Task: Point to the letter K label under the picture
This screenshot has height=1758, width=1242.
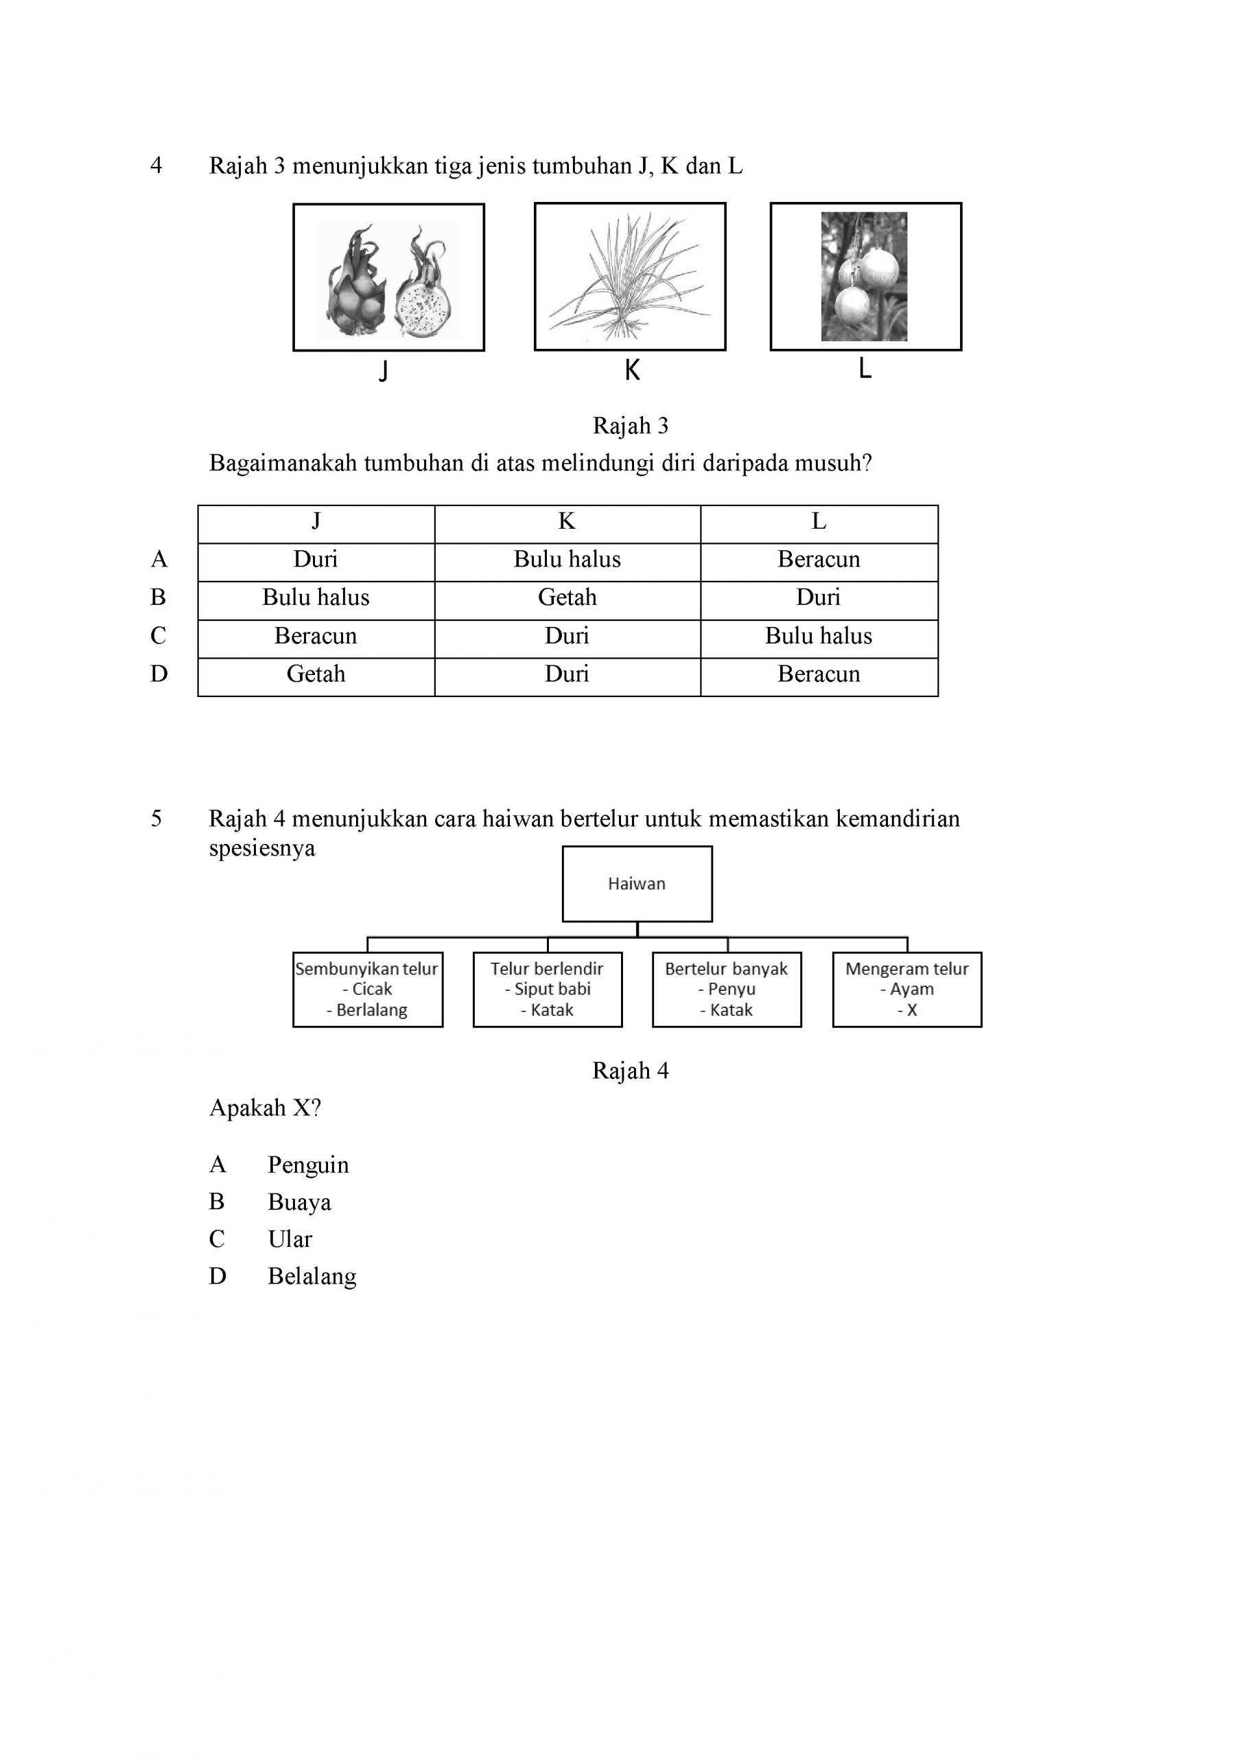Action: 632,371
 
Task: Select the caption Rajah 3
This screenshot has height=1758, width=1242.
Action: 631,426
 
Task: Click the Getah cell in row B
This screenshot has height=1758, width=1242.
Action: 567,597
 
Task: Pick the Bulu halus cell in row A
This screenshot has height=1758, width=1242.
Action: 567,559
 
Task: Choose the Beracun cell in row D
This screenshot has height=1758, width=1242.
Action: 819,674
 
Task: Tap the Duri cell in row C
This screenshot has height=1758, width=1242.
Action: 567,635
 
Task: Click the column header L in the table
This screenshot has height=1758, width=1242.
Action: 819,521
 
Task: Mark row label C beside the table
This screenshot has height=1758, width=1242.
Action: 159,635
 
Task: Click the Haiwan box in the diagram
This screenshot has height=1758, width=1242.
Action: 637,884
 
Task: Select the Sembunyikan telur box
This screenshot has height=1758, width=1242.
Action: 367,990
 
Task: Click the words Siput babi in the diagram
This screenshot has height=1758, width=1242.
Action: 552,990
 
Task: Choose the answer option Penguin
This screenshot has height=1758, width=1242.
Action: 307,1165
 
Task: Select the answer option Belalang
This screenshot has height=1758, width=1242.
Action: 312,1277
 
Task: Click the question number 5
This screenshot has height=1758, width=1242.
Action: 156,819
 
